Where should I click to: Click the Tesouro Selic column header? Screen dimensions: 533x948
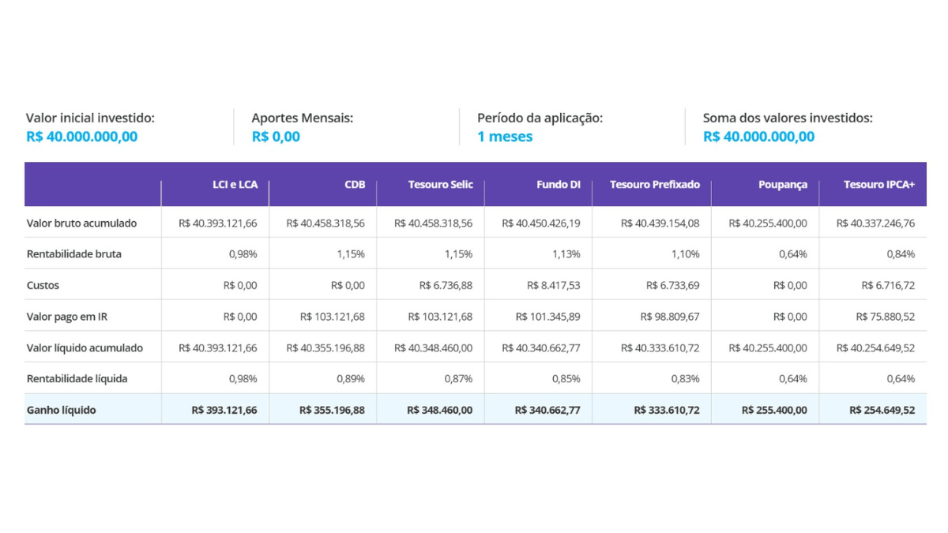tap(440, 185)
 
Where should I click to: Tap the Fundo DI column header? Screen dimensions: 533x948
tap(558, 185)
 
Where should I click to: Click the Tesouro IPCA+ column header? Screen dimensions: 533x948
tap(878, 185)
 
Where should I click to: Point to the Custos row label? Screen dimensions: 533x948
tap(43, 285)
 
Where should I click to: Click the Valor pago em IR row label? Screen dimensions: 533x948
tap(66, 317)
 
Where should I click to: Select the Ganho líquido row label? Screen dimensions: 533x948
tap(61, 411)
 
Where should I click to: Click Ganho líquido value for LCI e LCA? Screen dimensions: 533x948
tap(224, 411)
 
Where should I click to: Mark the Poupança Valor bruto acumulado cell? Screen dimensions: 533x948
tap(767, 223)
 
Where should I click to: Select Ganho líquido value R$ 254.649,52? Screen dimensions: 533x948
tap(882, 411)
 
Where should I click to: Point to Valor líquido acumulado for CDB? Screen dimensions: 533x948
tap(325, 347)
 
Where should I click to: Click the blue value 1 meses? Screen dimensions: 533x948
tap(505, 137)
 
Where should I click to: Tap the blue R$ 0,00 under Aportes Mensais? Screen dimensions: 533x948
tap(276, 137)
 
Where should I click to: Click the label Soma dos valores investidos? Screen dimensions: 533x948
tap(788, 118)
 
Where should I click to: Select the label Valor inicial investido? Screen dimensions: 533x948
tap(90, 118)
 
